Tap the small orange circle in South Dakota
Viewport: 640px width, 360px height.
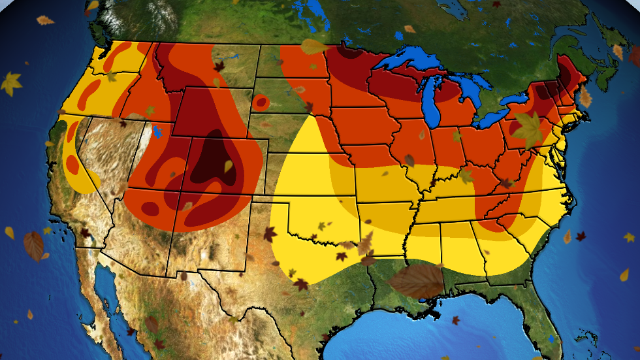(x=261, y=102)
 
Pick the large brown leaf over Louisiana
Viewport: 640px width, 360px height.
(x=417, y=281)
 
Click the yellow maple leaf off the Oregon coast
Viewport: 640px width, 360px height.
(x=11, y=83)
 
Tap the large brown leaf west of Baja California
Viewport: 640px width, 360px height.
(x=33, y=246)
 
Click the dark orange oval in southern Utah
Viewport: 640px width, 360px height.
(x=150, y=209)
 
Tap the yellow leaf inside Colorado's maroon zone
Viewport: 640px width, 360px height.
(x=229, y=166)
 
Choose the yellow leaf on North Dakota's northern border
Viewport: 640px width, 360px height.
(x=314, y=46)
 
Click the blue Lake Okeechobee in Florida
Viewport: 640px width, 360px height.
(x=552, y=339)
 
